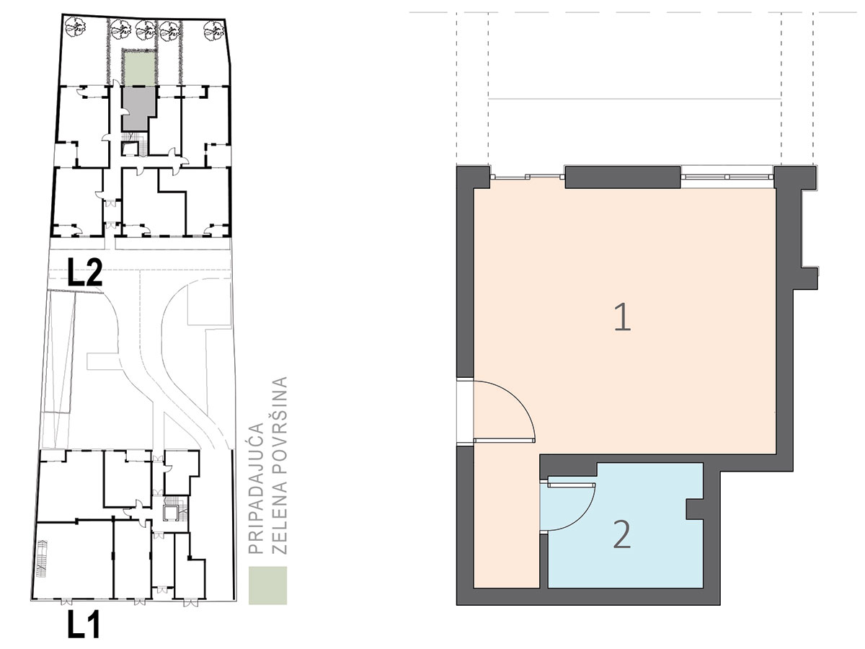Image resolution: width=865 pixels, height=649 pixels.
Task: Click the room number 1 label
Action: pos(623,317)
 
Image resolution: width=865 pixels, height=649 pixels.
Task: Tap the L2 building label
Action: pos(85,272)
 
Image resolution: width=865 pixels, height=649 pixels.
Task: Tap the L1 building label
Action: pos(84,624)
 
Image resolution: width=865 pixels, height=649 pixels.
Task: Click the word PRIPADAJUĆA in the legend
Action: pos(256,489)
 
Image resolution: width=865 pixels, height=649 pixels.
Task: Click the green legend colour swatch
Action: pos(267,586)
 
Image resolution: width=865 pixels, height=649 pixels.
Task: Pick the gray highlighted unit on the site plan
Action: pos(137,108)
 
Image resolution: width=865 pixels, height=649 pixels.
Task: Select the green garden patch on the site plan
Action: pos(139,69)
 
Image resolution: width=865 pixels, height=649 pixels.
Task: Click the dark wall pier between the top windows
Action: pos(623,177)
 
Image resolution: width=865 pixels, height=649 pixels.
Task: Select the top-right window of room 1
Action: pos(727,177)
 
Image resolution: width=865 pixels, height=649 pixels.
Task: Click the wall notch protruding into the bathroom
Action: pos(695,510)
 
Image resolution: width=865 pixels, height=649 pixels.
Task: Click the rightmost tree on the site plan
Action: pos(214,31)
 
